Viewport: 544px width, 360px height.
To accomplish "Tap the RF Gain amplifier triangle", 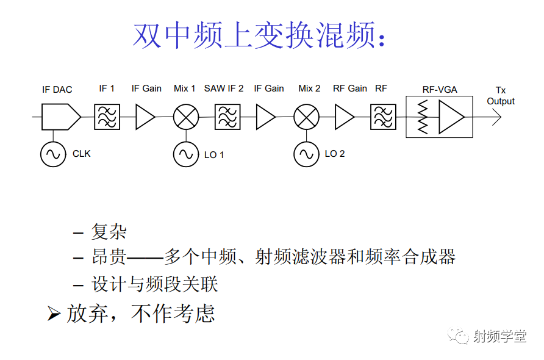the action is click(344, 117).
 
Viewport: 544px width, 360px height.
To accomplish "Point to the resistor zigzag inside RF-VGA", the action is click(423, 117).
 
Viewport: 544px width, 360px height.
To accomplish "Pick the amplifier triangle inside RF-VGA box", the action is click(451, 117).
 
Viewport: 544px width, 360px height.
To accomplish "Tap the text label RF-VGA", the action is click(440, 90).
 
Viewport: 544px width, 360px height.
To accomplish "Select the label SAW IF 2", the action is click(224, 88).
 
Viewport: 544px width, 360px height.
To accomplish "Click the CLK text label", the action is click(82, 154).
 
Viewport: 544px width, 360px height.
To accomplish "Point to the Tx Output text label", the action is click(501, 96).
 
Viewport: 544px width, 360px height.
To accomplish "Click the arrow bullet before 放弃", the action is click(54, 314).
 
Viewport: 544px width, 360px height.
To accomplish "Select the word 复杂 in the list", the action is click(109, 231).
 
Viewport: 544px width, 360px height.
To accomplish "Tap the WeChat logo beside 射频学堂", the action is click(458, 336).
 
